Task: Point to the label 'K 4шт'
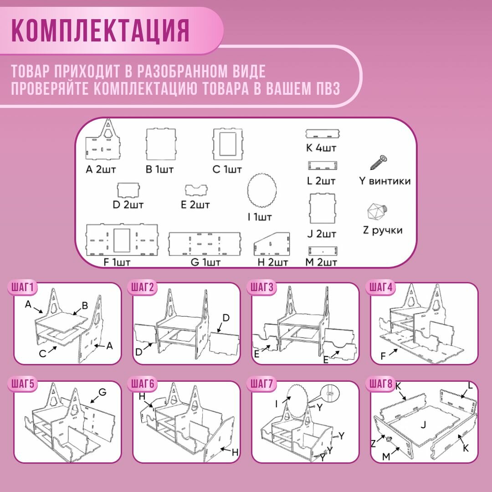coord(324,148)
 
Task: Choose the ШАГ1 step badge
coord(23,288)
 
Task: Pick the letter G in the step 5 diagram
coord(102,392)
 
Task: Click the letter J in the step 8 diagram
coord(423,425)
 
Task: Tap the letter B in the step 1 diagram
coord(85,305)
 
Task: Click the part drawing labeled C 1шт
coord(227,143)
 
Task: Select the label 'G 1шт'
coord(206,262)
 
